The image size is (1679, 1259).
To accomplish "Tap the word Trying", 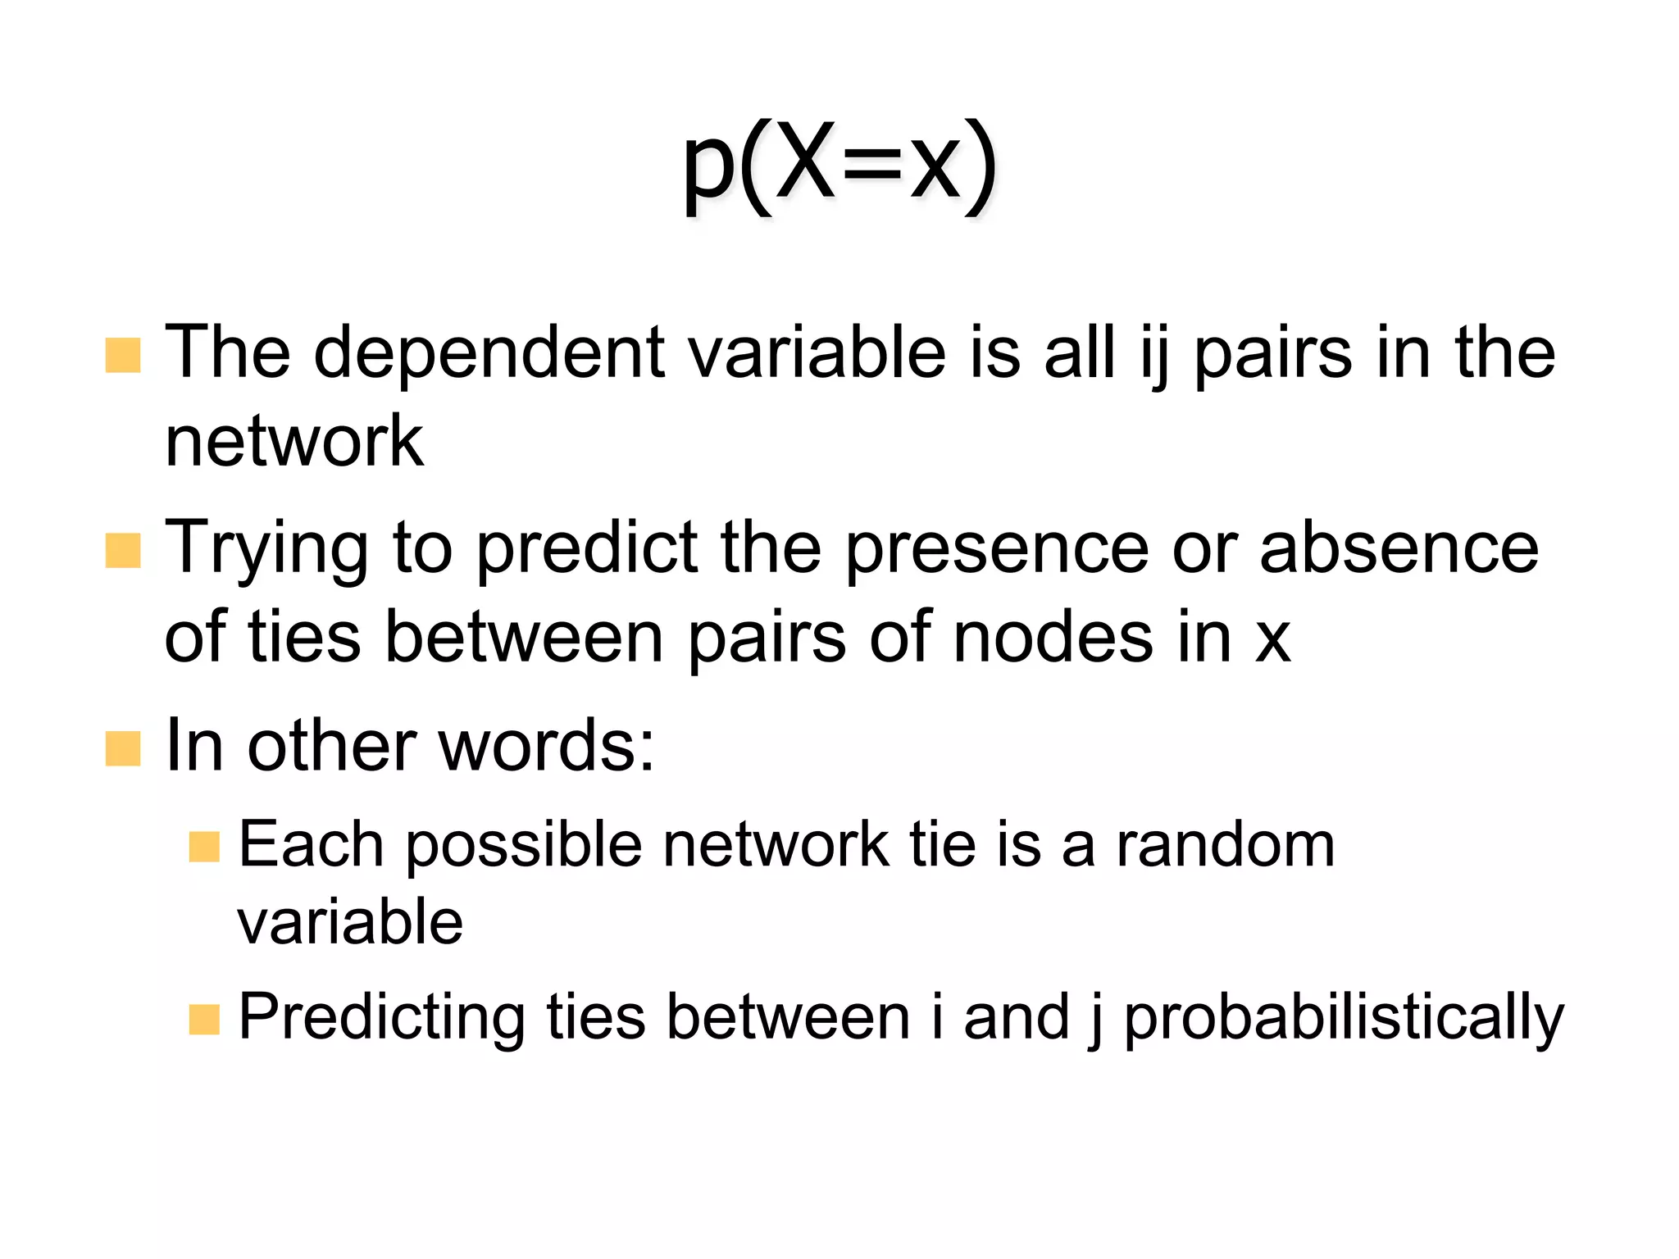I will (266, 549).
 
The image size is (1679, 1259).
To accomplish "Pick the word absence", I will (1399, 549).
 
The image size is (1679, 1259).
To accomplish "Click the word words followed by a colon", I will (546, 746).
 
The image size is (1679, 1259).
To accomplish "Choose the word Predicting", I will (381, 1018).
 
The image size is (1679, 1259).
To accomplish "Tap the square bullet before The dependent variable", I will (123, 356).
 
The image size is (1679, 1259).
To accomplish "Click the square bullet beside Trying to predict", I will (123, 551).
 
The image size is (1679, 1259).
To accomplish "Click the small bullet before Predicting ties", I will (204, 1020).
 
